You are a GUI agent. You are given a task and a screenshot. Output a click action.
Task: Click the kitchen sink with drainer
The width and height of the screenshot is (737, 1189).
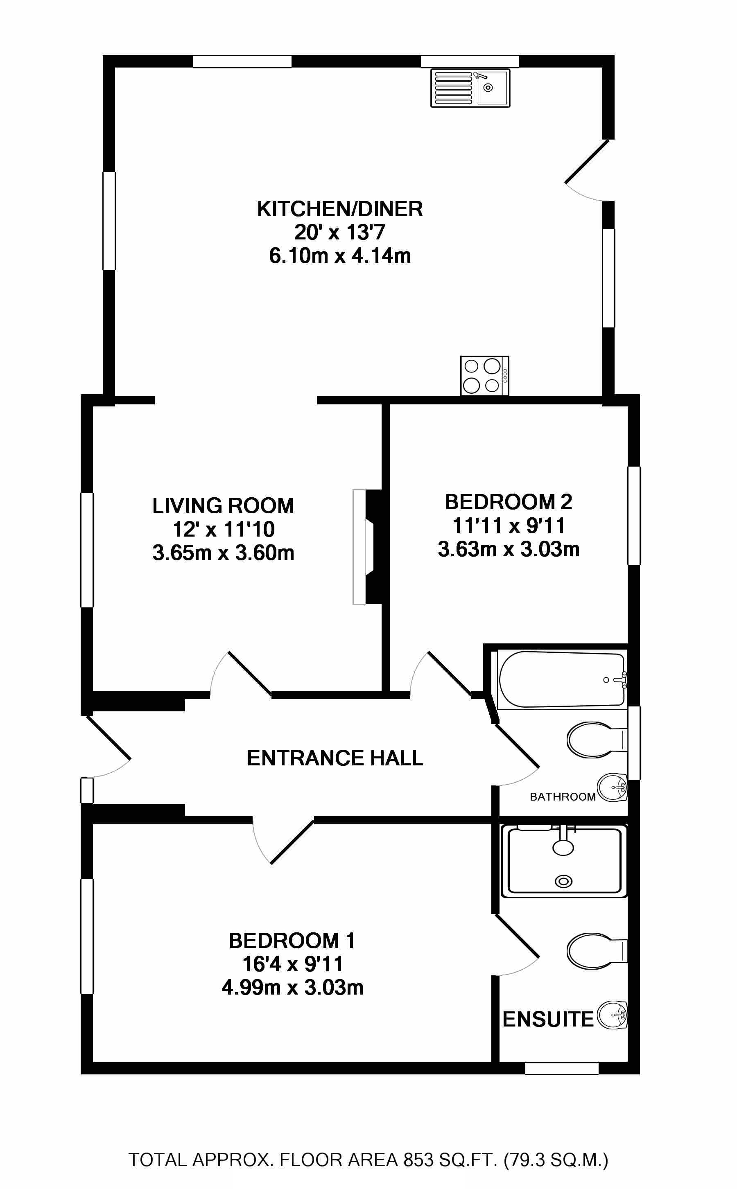tap(470, 88)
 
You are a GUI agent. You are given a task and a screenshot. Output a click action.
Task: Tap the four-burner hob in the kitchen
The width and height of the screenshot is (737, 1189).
tap(484, 376)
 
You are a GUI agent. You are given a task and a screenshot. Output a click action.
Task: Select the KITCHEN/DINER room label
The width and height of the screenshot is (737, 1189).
tap(340, 209)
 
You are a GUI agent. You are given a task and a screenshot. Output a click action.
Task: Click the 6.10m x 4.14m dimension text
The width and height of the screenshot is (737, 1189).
tap(340, 256)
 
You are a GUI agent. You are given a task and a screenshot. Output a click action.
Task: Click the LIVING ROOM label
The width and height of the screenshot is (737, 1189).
tap(223, 505)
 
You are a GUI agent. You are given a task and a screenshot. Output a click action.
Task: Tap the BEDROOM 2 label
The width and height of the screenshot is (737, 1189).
tap(509, 502)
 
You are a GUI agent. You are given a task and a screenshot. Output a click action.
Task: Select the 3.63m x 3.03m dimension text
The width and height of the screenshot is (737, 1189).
tap(509, 549)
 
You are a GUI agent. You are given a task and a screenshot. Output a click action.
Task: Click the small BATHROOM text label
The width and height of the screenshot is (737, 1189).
tap(563, 797)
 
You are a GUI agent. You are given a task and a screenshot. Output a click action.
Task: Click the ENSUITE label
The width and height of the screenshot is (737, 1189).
tap(547, 1019)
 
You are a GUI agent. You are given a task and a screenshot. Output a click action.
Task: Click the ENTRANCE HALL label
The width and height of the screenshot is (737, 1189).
tap(335, 758)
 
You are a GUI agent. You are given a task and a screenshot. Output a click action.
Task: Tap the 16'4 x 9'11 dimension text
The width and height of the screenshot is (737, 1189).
tap(292, 963)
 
